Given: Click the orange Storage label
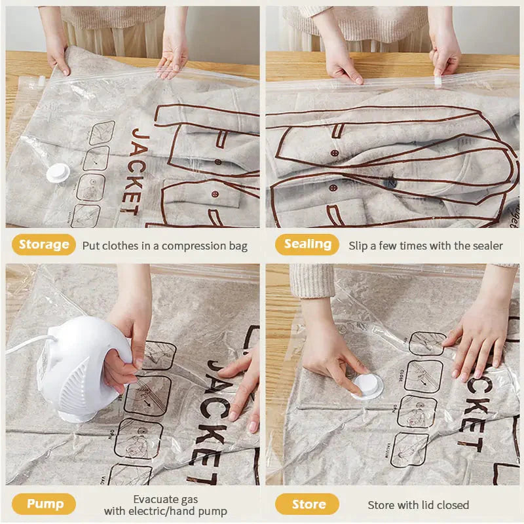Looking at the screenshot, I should (43, 245).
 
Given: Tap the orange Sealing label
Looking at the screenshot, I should (307, 245).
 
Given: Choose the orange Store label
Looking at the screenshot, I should (308, 504).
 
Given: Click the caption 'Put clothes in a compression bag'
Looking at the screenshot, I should (165, 246).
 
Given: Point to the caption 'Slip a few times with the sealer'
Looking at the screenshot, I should (426, 246).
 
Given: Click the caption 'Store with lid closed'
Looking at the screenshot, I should (419, 504).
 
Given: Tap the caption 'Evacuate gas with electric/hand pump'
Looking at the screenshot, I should (166, 504).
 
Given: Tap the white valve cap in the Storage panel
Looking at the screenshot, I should (58, 172).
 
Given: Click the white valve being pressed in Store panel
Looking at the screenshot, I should (367, 387).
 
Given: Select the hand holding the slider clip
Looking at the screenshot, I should (445, 56).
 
